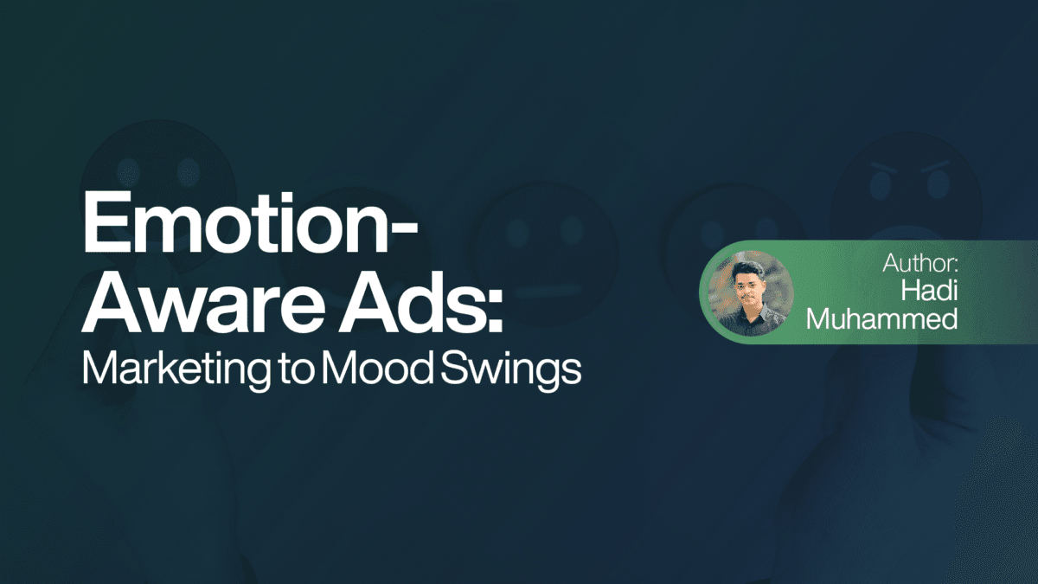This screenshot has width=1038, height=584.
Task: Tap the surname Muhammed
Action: pos(881,318)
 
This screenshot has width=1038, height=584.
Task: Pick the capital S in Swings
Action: pos(445,369)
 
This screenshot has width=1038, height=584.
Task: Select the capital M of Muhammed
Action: pos(820,318)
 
